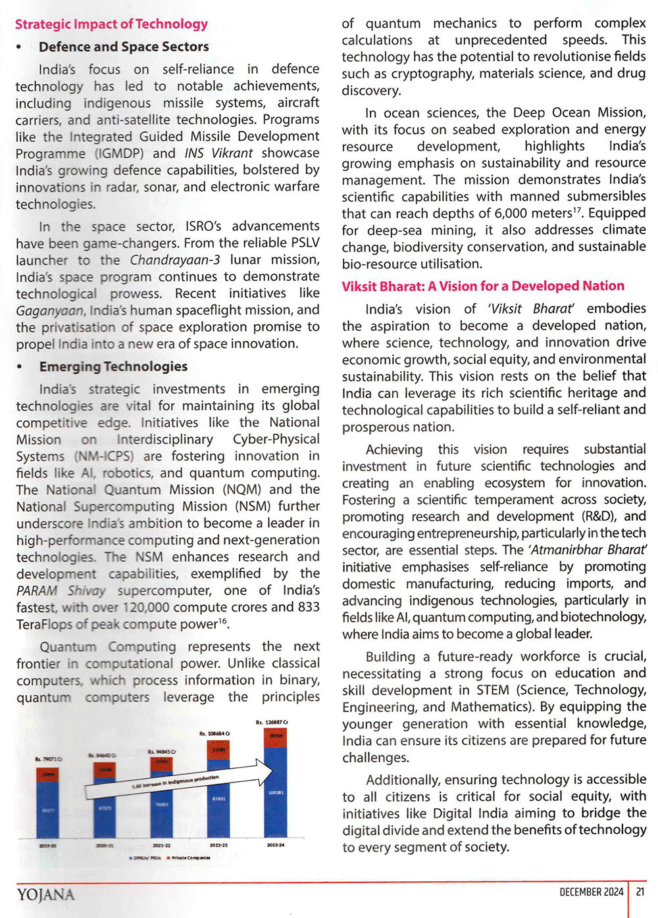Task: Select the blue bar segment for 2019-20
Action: (48, 809)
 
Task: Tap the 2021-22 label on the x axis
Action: (161, 846)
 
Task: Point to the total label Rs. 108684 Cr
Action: (215, 733)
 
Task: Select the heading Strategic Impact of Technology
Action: (111, 24)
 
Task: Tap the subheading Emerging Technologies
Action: (113, 366)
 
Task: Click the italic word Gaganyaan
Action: (49, 310)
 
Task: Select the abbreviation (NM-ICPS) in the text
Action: (104, 456)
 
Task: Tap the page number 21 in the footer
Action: (640, 892)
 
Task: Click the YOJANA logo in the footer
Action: (45, 894)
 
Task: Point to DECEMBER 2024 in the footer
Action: (591, 892)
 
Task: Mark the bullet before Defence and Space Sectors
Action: (19, 47)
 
